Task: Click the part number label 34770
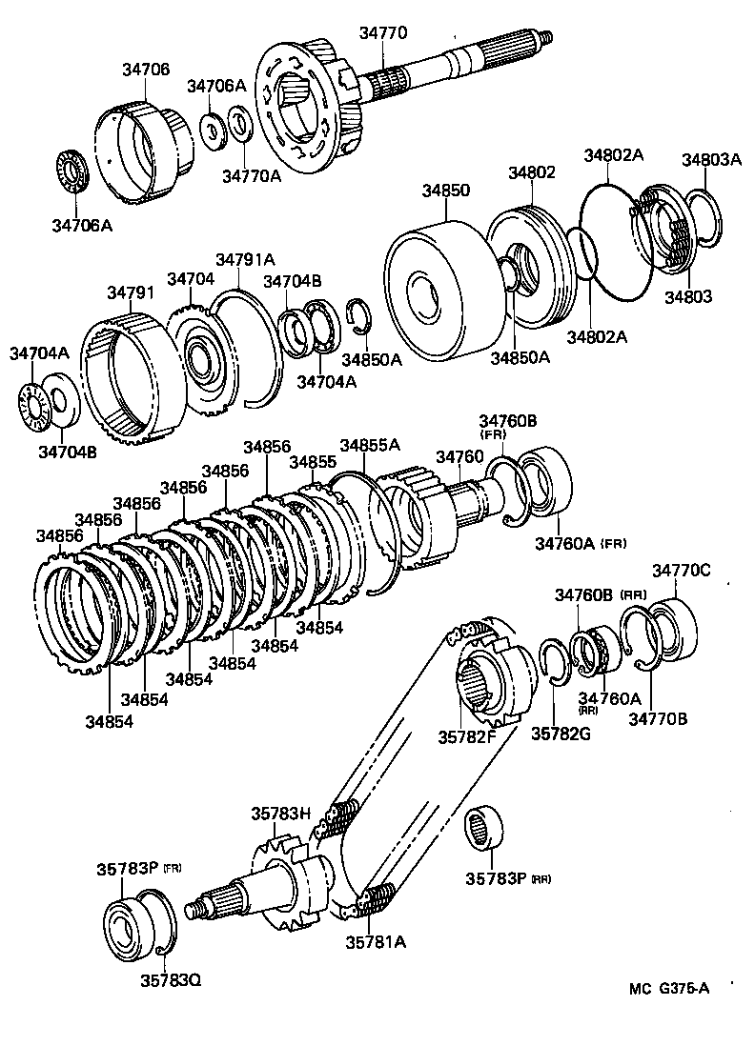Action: (x=383, y=32)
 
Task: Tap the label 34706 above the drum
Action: (x=146, y=69)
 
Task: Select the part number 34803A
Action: (x=710, y=159)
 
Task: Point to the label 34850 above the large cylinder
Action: (x=445, y=191)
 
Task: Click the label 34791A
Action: (x=245, y=259)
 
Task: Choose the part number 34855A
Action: (x=370, y=445)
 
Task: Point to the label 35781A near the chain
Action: (x=376, y=942)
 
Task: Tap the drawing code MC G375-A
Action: (x=668, y=988)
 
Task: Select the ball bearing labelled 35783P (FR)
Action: (x=127, y=923)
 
